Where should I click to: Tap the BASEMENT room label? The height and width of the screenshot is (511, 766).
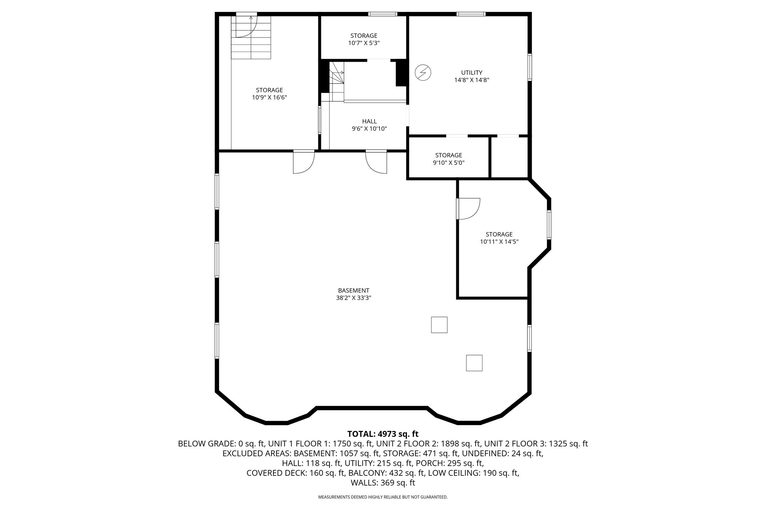click(353, 290)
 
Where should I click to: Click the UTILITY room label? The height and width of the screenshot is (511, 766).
click(472, 73)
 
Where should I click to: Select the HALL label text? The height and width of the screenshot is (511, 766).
click(369, 121)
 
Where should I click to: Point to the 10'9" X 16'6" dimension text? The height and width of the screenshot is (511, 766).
click(269, 97)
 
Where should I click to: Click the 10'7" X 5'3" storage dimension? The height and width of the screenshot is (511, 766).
click(364, 43)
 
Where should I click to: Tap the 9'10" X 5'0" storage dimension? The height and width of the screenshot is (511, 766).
click(448, 163)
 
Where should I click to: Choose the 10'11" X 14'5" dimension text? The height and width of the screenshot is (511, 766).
click(499, 242)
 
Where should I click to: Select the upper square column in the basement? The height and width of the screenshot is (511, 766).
click(439, 325)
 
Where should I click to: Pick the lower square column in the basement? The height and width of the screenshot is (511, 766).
click(474, 363)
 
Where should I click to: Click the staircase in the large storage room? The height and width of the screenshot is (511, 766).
click(251, 37)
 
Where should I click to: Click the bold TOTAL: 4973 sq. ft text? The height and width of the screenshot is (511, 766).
click(383, 434)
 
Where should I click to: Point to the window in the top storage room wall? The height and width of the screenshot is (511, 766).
click(382, 14)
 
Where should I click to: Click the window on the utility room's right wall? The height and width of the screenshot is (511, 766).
click(530, 67)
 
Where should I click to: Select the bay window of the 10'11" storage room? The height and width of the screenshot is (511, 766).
click(549, 224)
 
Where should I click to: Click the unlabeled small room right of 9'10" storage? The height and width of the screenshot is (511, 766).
click(509, 157)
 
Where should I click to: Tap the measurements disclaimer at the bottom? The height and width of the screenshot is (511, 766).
click(383, 497)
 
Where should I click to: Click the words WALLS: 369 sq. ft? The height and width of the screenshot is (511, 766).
click(383, 483)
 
